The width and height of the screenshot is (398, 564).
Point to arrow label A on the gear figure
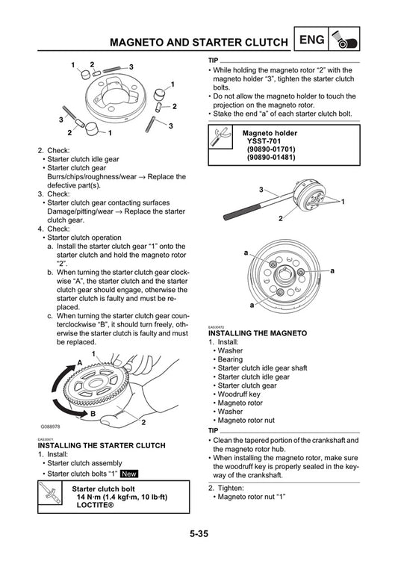tap(78, 362)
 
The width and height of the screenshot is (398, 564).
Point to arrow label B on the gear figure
tap(93, 412)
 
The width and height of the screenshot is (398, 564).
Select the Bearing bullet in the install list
tap(231, 359)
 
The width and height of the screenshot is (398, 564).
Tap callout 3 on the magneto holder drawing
tap(261, 190)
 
